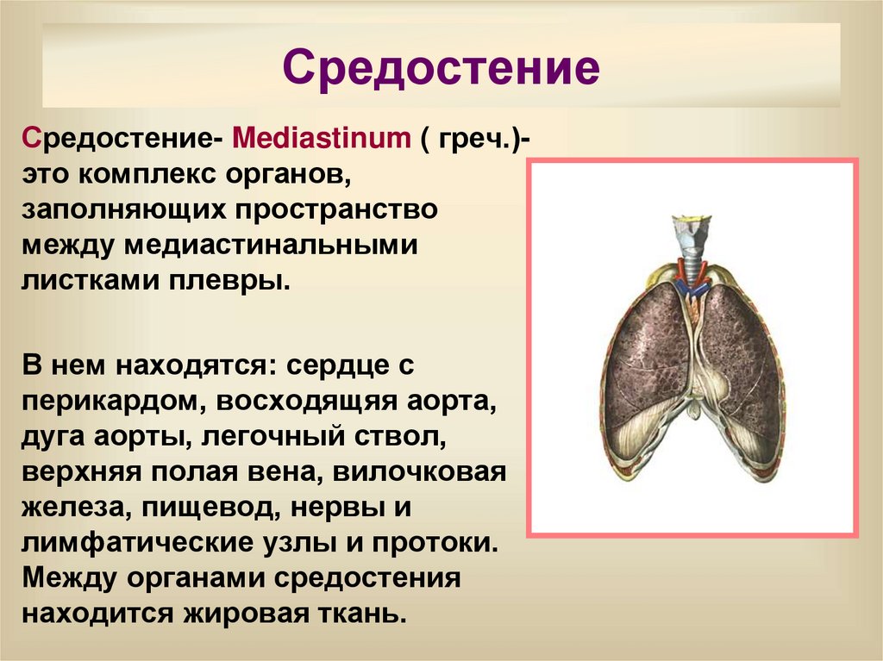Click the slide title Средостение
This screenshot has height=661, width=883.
[x=441, y=67]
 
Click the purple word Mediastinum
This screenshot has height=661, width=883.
[x=320, y=138]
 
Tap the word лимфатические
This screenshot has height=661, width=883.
[x=126, y=545]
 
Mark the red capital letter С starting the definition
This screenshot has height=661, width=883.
[x=32, y=138]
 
